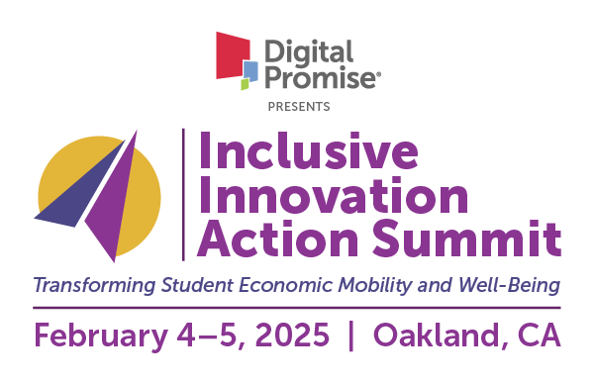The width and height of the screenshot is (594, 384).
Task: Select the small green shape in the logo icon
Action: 245,84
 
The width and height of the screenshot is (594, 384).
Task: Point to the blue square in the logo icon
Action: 250,70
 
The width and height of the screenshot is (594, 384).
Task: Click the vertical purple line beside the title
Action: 183,194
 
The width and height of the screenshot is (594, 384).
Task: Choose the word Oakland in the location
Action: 440,335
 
